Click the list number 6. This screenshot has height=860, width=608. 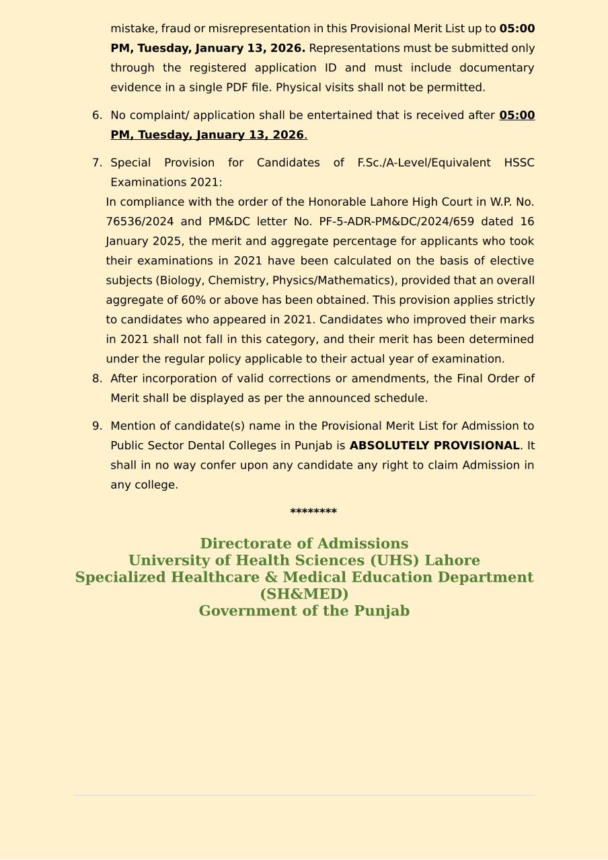pos(96,116)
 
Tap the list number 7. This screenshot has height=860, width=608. pos(96,163)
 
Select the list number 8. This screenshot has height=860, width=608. pos(96,379)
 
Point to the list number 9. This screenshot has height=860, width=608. pos(96,426)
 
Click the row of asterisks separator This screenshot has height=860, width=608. pos(313,512)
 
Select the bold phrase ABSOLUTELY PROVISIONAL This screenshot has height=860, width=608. pos(434,446)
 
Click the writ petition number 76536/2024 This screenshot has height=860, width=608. pos(139,222)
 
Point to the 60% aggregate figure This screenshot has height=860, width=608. pos(193,301)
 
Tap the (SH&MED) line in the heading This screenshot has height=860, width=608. pos(304,594)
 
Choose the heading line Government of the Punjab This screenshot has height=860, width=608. pos(304,611)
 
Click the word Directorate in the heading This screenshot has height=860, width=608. pos(244,544)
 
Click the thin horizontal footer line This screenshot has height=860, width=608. pos(304,795)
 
